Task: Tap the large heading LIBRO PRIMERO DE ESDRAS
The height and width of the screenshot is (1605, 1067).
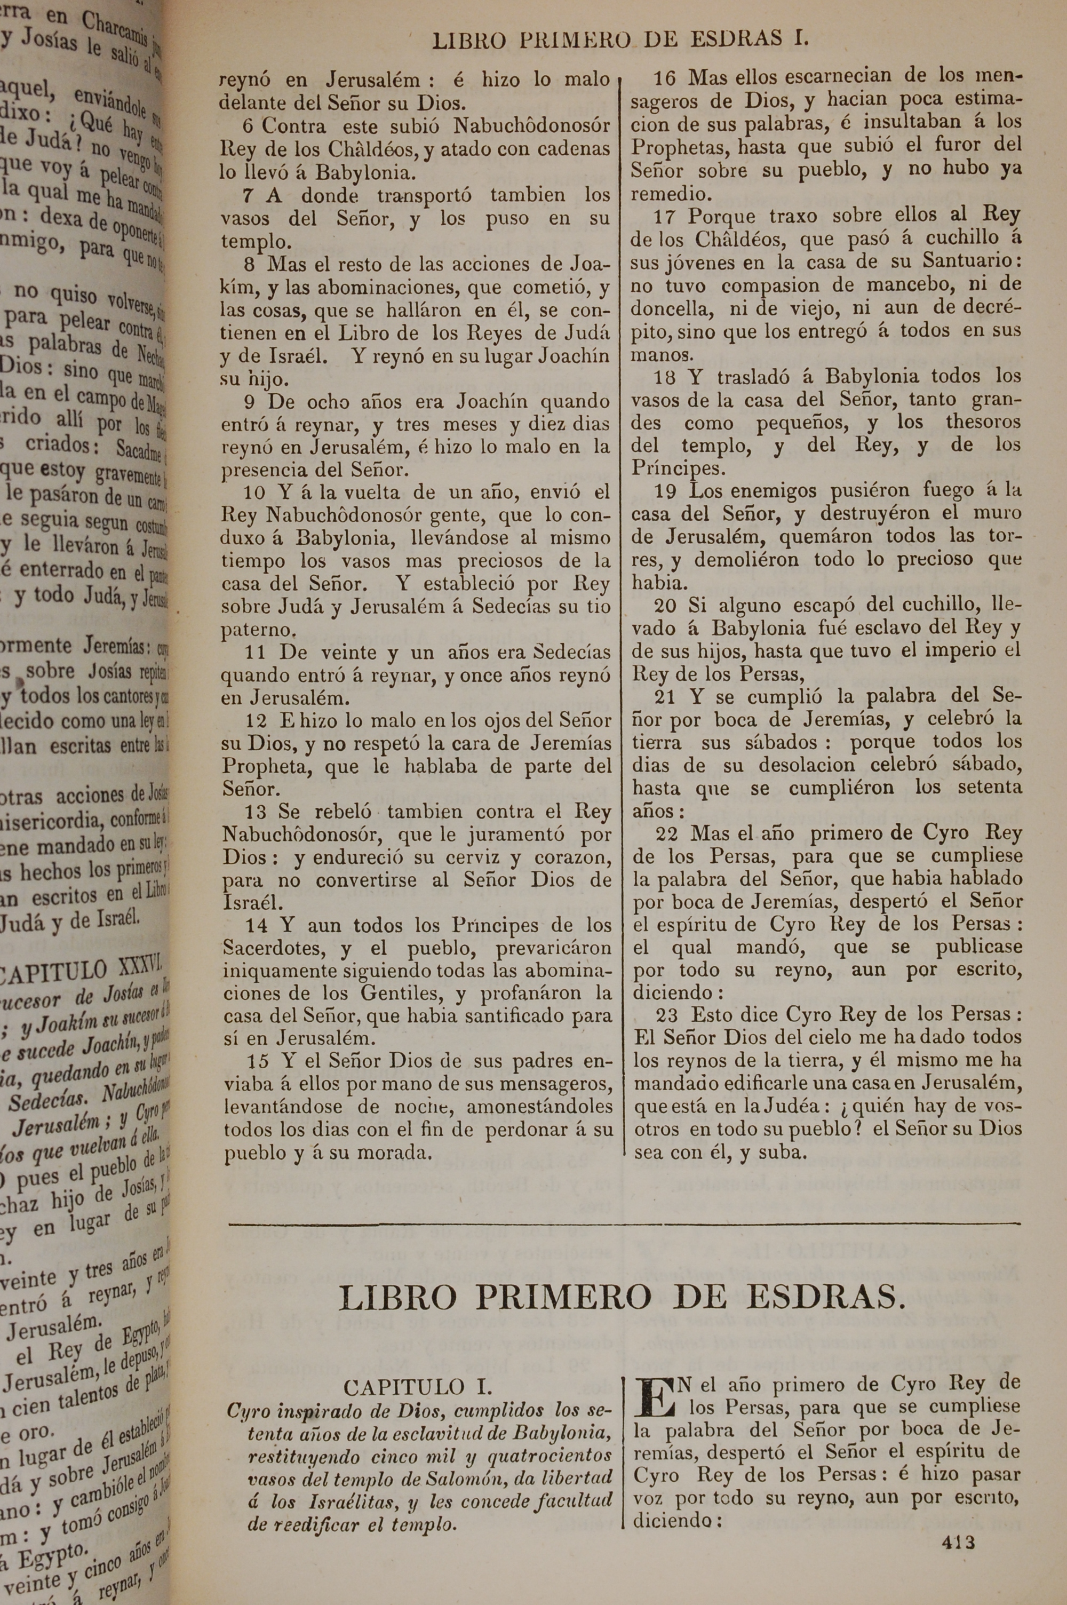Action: (x=622, y=1298)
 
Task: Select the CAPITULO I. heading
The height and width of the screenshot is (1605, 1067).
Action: (x=418, y=1387)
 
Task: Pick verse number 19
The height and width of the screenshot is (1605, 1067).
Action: (x=665, y=490)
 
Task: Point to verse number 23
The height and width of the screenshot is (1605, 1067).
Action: (x=667, y=1014)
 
